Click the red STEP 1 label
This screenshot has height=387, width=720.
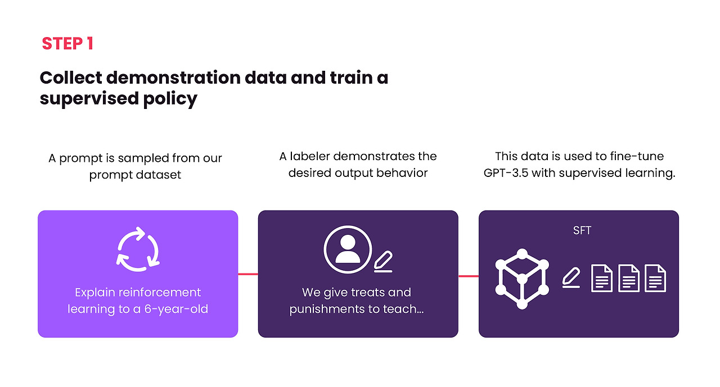tap(67, 44)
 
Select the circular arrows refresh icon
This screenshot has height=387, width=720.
tap(138, 249)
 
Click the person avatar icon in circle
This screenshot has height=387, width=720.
tap(348, 249)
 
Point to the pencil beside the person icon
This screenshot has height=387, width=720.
tap(383, 262)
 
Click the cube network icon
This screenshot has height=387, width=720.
tap(522, 279)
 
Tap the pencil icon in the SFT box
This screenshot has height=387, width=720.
tap(571, 278)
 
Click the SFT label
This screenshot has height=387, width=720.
tap(582, 231)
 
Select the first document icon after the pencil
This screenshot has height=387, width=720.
tap(602, 278)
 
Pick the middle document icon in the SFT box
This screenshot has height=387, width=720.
tap(629, 278)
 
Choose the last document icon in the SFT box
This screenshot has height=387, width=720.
tap(655, 278)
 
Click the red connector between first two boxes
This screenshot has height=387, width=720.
tap(248, 274)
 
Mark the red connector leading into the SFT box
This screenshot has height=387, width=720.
tap(469, 276)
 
